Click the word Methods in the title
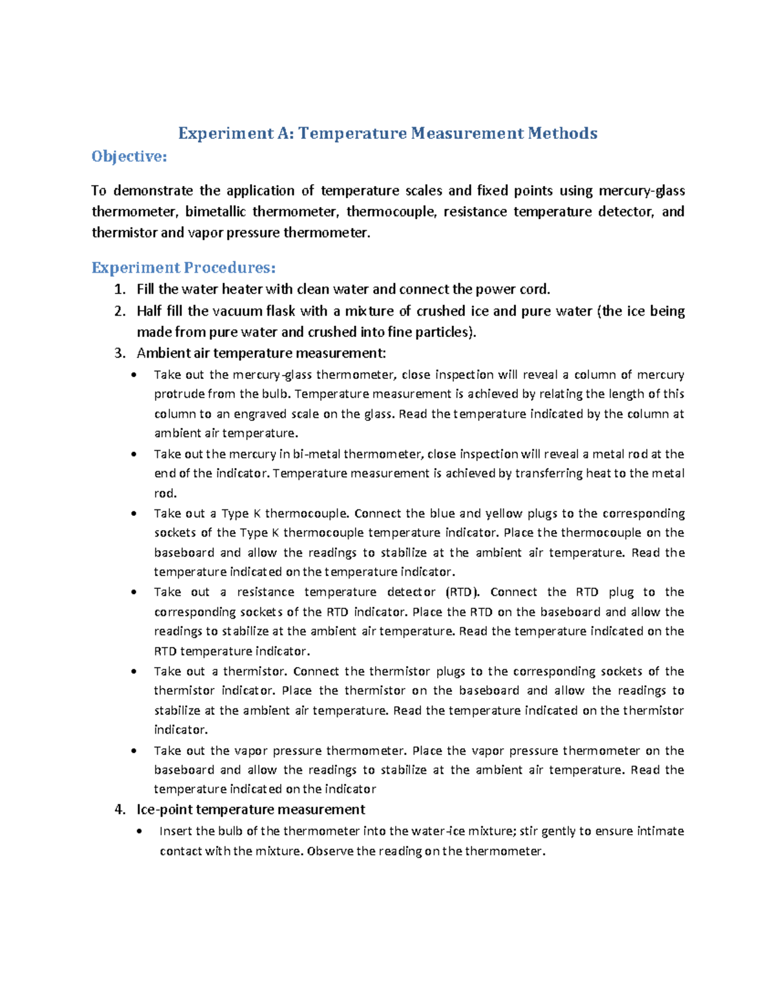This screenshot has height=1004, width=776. pos(562,133)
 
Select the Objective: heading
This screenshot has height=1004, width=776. pos(129,156)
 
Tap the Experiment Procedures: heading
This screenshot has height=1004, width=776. pos(184,268)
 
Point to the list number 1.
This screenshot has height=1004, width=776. pos(118,290)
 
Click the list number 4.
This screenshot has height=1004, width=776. pos(118,810)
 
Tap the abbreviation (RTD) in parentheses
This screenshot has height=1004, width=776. pos(464,592)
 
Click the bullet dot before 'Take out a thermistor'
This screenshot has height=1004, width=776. pos(134,672)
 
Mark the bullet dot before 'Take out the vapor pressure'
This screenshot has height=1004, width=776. pos(134,751)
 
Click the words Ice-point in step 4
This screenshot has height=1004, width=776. pos(165,810)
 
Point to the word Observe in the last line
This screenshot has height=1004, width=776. pos(330,851)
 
